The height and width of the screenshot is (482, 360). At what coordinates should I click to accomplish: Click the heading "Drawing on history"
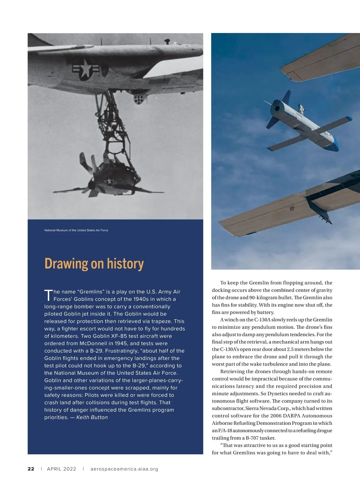(94, 264)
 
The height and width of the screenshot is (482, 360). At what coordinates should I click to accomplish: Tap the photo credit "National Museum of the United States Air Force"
(76, 230)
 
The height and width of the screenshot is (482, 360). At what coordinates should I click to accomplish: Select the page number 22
(31, 469)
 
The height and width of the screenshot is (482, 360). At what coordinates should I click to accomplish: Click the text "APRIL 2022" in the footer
(61, 469)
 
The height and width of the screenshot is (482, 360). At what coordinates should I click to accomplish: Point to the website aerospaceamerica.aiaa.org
(124, 469)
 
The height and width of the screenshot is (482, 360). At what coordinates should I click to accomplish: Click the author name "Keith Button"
(92, 417)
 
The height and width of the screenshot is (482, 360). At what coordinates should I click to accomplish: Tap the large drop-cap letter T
(48, 295)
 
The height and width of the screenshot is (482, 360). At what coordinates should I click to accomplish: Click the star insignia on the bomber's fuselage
(85, 68)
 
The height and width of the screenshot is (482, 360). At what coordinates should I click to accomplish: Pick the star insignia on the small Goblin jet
(109, 181)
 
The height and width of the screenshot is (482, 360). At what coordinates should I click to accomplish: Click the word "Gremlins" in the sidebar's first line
(91, 292)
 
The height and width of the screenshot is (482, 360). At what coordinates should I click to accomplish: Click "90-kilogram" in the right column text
(264, 297)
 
